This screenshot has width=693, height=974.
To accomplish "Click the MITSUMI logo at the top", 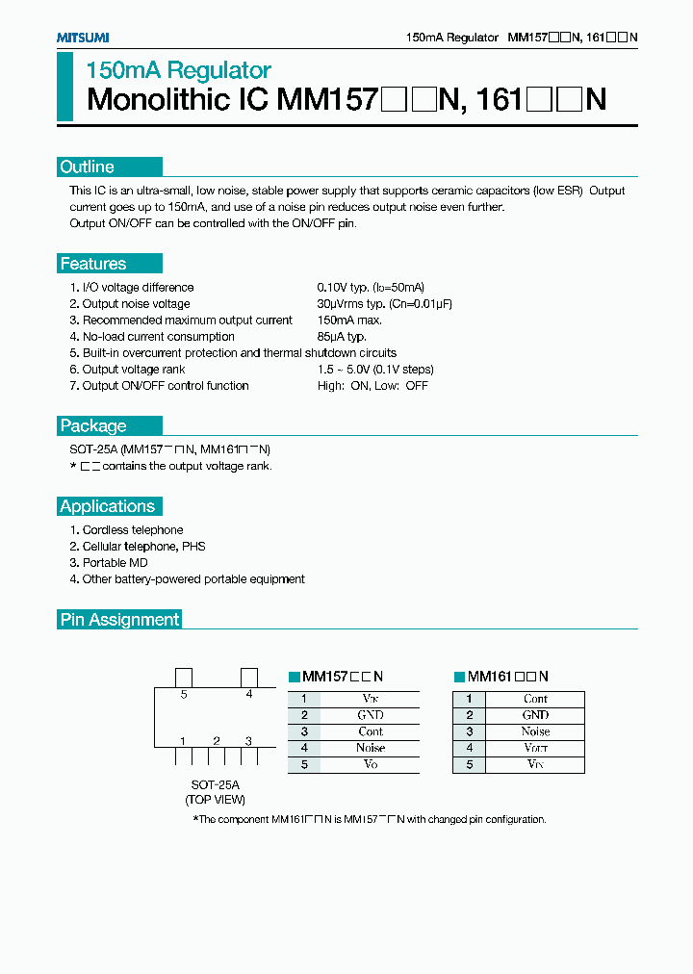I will pyautogui.click(x=82, y=38).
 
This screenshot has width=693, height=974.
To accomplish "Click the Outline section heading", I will pyautogui.click(x=88, y=167).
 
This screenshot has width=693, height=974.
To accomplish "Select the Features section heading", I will pyautogui.click(x=93, y=264).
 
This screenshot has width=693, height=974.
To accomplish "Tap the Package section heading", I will pyautogui.click(x=93, y=426).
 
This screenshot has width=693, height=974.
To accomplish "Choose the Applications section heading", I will pyautogui.click(x=107, y=506).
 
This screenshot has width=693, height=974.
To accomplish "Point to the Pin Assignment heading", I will pyautogui.click(x=120, y=620).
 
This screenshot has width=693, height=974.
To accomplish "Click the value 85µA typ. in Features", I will pyautogui.click(x=342, y=337).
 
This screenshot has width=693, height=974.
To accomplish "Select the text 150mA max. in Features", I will pyautogui.click(x=349, y=320).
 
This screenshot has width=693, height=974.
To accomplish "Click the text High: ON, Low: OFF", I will pyautogui.click(x=372, y=386).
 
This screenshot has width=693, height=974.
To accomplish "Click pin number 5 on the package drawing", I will pyautogui.click(x=183, y=693).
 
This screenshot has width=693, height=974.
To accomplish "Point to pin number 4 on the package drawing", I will pyautogui.click(x=248, y=693).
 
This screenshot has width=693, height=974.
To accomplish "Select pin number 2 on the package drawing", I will pyautogui.click(x=217, y=740).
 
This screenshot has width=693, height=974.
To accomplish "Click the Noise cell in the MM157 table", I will pyautogui.click(x=371, y=748).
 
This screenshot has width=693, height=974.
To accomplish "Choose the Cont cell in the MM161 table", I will pyautogui.click(x=536, y=699).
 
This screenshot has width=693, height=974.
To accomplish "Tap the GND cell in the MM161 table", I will pyautogui.click(x=536, y=715).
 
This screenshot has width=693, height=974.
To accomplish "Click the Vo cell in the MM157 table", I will pyautogui.click(x=371, y=764).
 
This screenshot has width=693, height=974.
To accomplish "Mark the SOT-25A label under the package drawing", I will pyautogui.click(x=215, y=784).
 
